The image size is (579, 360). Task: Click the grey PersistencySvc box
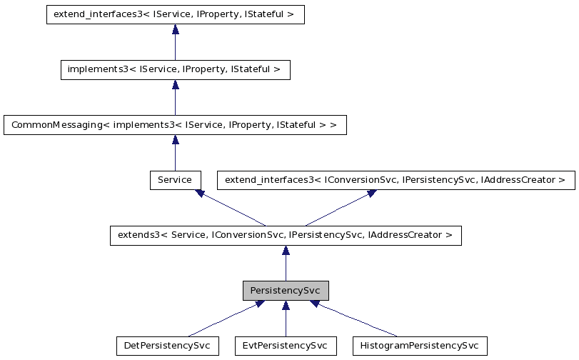click(x=286, y=291)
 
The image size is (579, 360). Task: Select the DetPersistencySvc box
click(x=167, y=346)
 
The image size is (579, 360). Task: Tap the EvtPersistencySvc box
click(x=286, y=346)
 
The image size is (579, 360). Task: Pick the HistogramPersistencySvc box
click(x=420, y=346)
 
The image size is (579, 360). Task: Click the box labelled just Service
click(x=175, y=179)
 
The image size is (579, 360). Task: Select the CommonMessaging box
click(x=175, y=125)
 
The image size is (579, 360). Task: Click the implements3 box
click(x=175, y=69)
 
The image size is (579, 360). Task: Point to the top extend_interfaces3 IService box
click(x=175, y=14)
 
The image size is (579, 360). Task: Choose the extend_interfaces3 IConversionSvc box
click(x=396, y=179)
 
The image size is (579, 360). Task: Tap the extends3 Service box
click(x=286, y=235)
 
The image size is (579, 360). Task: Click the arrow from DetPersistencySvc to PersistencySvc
click(x=225, y=319)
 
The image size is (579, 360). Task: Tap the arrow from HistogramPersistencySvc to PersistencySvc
click(x=353, y=319)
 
